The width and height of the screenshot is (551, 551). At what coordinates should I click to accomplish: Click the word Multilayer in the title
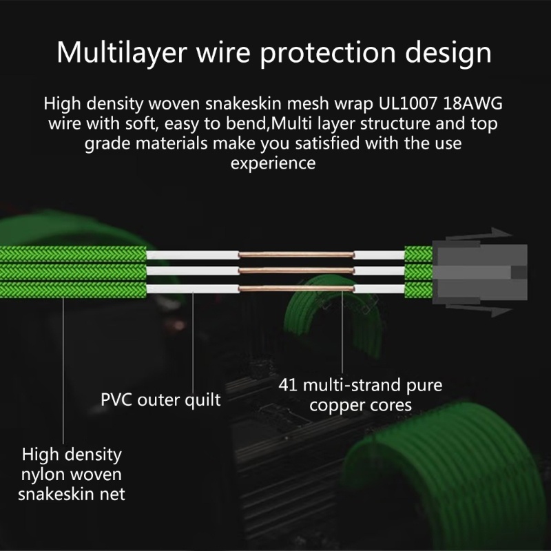pyautogui.click(x=122, y=53)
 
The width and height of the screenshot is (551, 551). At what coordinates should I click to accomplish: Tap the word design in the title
pyautogui.click(x=448, y=53)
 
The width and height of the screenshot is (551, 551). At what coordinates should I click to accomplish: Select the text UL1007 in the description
pyautogui.click(x=408, y=103)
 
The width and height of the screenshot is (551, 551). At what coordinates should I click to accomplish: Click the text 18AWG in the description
pyautogui.click(x=473, y=103)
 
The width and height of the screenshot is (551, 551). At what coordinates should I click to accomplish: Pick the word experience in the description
pyautogui.click(x=273, y=163)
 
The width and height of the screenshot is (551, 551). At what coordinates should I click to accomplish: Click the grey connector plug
pyautogui.click(x=480, y=272)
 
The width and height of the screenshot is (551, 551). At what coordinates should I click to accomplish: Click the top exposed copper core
pyautogui.click(x=296, y=254)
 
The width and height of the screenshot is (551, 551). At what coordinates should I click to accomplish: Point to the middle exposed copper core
pyautogui.click(x=296, y=271)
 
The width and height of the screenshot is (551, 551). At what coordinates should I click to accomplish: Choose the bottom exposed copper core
pyautogui.click(x=296, y=289)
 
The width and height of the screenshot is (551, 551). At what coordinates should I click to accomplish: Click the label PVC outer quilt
pyautogui.click(x=160, y=400)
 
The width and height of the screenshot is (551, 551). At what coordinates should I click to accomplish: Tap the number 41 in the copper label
pyautogui.click(x=288, y=385)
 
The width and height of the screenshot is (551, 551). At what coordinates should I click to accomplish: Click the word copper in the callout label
pyautogui.click(x=335, y=406)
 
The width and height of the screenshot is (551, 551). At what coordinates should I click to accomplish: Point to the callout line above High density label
pyautogui.click(x=63, y=371)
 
